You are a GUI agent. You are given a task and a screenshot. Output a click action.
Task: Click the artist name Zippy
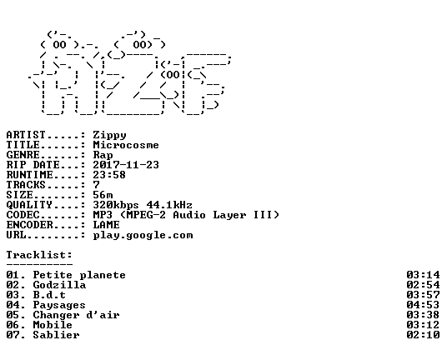tap(109, 135)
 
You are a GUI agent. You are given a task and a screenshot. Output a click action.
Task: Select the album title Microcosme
tap(126, 145)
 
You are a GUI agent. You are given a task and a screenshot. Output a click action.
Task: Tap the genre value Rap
tap(103, 155)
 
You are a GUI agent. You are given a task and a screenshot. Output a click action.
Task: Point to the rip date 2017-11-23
tap(126, 165)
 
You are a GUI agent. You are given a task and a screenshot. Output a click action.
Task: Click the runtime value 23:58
tap(109, 175)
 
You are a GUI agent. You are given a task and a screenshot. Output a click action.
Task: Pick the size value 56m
tap(103, 195)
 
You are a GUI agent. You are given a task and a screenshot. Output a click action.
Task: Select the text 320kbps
tap(116, 205)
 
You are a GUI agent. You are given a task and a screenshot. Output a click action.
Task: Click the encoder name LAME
tap(106, 225)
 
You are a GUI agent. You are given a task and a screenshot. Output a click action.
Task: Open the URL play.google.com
tap(143, 236)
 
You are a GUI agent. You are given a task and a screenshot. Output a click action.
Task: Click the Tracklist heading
tap(39, 255)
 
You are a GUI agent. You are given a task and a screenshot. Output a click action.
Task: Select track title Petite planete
tap(79, 275)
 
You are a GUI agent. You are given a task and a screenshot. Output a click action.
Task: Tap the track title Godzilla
tap(59, 285)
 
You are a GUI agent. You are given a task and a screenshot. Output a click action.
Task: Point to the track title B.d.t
tap(49, 295)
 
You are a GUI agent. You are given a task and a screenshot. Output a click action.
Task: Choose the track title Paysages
tap(59, 305)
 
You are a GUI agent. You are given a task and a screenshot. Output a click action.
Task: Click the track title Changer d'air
tap(76, 315)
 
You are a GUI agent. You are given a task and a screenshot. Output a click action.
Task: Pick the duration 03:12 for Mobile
tap(423, 325)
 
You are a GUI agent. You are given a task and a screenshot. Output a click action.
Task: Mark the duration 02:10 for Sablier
tap(423, 335)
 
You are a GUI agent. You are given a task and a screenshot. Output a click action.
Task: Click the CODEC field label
tap(23, 215)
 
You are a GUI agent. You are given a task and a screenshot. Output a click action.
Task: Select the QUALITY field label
tap(29, 205)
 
